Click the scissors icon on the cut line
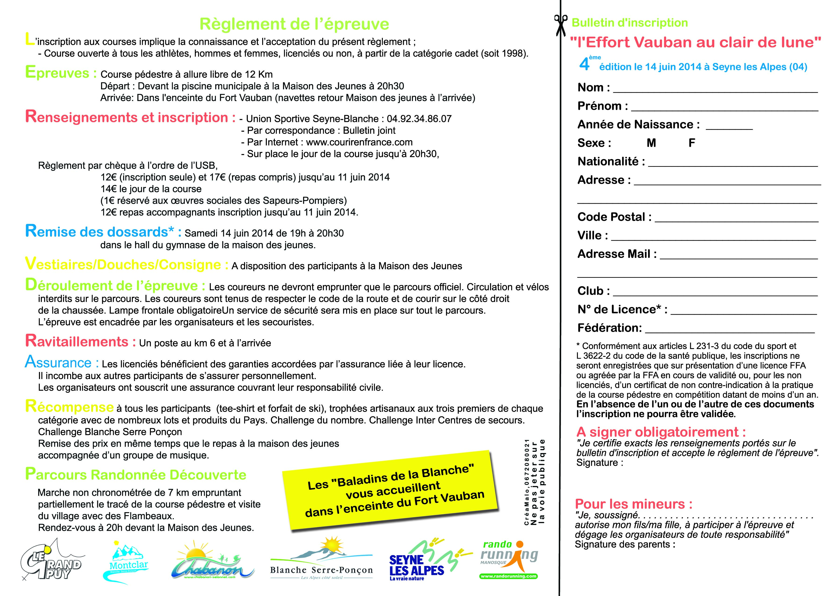(561, 25)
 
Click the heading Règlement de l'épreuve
(294, 24)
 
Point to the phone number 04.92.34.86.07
(419, 119)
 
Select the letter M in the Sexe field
(651, 143)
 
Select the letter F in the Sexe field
(692, 143)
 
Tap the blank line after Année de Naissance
(729, 128)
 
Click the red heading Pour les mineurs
(634, 504)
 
